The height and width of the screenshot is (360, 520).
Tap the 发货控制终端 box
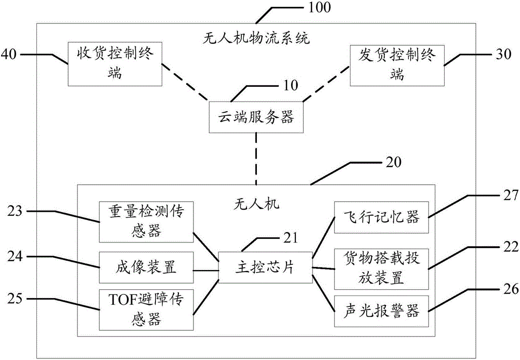pyautogui.click(x=396, y=65)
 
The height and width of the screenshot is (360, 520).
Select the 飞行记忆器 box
pyautogui.click(x=381, y=217)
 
